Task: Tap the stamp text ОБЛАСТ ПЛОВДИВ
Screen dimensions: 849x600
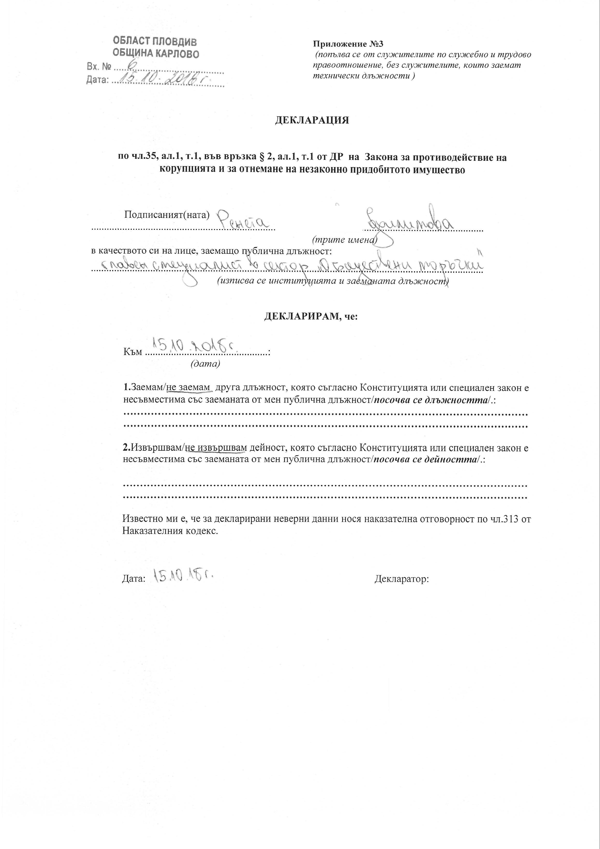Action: (x=155, y=41)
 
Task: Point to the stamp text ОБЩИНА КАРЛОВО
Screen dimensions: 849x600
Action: (x=156, y=54)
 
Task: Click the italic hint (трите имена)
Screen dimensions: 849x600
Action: (x=344, y=240)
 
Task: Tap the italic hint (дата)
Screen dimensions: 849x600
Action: (x=205, y=364)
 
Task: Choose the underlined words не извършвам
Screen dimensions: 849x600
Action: (x=216, y=448)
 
